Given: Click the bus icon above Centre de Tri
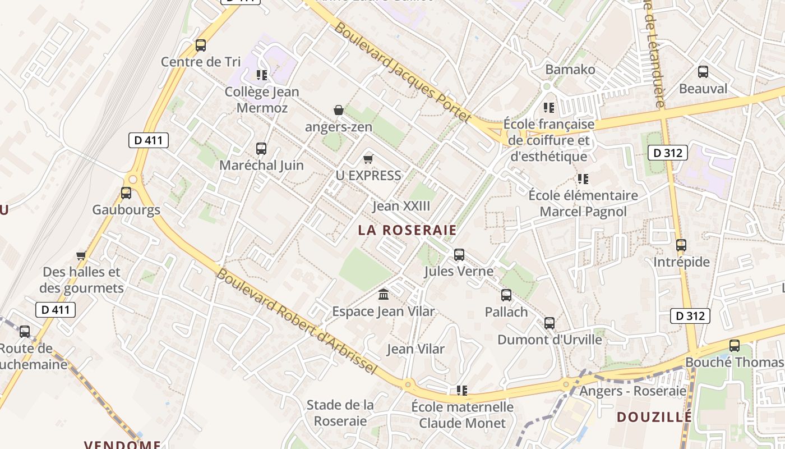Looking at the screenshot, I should (201, 45).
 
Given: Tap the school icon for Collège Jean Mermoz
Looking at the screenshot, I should (261, 75).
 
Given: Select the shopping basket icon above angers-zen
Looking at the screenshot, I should (339, 110).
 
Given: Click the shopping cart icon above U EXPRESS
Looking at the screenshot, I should (368, 159).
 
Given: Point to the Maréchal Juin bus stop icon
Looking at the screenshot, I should (261, 149).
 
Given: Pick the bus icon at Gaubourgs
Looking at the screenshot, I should (126, 193).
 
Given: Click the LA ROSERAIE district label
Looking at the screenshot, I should (407, 230).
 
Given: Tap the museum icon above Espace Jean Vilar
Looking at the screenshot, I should (384, 294).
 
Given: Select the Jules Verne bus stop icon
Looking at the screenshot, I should (459, 255).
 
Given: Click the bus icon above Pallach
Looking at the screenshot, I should (506, 295).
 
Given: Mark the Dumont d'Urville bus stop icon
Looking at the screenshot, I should (549, 323).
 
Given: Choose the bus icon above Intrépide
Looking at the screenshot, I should (681, 245).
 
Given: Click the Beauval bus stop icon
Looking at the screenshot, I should (703, 72).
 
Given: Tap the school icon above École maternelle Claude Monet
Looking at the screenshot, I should (462, 390).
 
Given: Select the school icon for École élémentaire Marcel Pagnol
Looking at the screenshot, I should (583, 179).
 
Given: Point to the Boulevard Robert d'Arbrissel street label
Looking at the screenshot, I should (295, 322).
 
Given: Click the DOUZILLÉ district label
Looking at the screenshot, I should (654, 417).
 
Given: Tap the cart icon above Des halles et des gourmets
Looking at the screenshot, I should (81, 256).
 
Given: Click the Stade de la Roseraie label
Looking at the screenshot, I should (340, 413).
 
